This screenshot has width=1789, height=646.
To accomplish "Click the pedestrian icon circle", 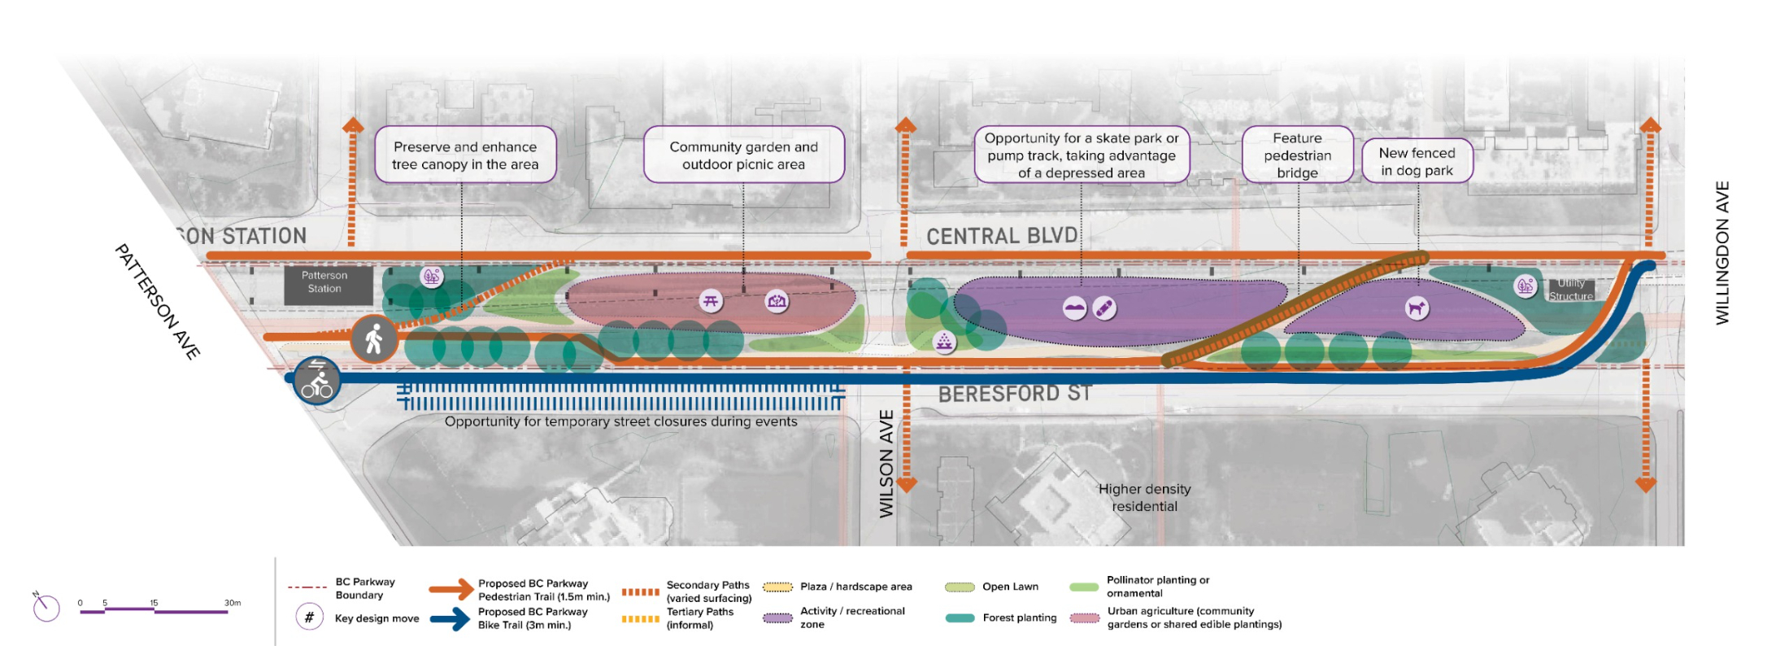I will point(374,338).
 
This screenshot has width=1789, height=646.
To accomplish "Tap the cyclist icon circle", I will point(316,380).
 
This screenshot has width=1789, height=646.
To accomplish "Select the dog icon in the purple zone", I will point(1417,308).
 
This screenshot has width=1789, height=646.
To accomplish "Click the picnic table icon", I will point(711,301).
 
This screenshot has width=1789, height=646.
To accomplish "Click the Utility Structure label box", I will point(1570,290).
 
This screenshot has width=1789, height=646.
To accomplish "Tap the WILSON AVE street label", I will point(886,464).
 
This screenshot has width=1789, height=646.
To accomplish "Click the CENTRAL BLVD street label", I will point(1002,236).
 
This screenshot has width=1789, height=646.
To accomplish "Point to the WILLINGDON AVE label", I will point(1722,253).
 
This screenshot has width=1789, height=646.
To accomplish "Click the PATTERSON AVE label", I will point(157,301).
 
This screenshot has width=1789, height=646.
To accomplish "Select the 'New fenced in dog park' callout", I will point(1417,161).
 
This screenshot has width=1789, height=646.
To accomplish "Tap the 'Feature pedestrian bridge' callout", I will point(1297,155).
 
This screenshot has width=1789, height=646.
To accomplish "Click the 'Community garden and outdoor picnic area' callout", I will point(743,155).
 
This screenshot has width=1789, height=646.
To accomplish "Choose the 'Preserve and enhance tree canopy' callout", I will point(465,155).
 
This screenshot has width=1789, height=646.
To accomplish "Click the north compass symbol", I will point(46,607).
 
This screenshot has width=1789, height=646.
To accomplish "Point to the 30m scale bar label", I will point(233,603).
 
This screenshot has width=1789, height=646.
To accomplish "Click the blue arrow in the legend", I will point(451,619).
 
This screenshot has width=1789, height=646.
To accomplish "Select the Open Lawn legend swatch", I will point(960,587).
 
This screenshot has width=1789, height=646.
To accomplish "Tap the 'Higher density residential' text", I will point(1144,497).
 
